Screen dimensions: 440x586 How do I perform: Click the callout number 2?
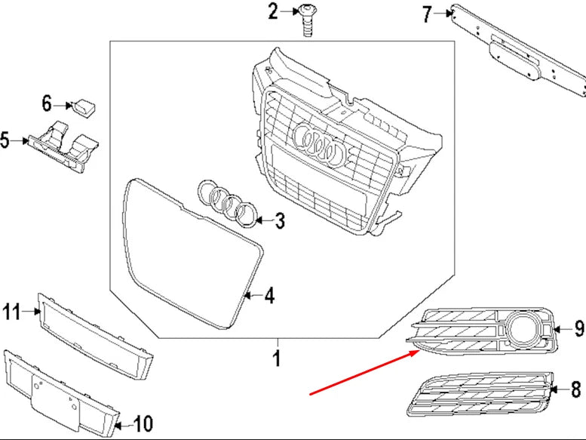coord(272,11)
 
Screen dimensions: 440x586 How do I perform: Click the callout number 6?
coord(46,103)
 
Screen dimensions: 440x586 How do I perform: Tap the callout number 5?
coord(6,140)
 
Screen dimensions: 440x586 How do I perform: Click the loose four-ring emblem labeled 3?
coord(226,203)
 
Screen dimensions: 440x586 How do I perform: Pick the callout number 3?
coord(279,221)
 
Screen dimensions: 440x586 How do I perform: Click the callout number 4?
coord(269,297)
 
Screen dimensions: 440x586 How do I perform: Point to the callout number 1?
coord(276,358)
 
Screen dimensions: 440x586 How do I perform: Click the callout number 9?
coord(578,328)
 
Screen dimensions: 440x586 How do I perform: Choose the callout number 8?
coord(576,390)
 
